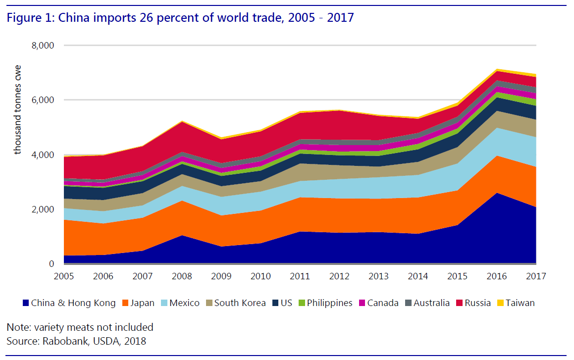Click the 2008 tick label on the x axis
pos(182,276)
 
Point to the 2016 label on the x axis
pos(497,276)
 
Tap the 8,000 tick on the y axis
pos(43,46)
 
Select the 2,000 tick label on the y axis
pos(43,209)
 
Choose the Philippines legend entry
pos(329,303)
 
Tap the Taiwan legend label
pos(520,303)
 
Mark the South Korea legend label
pos(240,303)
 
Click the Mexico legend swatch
pos(166,303)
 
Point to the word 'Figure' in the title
pos(24,18)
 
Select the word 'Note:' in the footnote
pos(18,327)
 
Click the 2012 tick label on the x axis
pos(339,276)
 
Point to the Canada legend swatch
pos(363,303)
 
